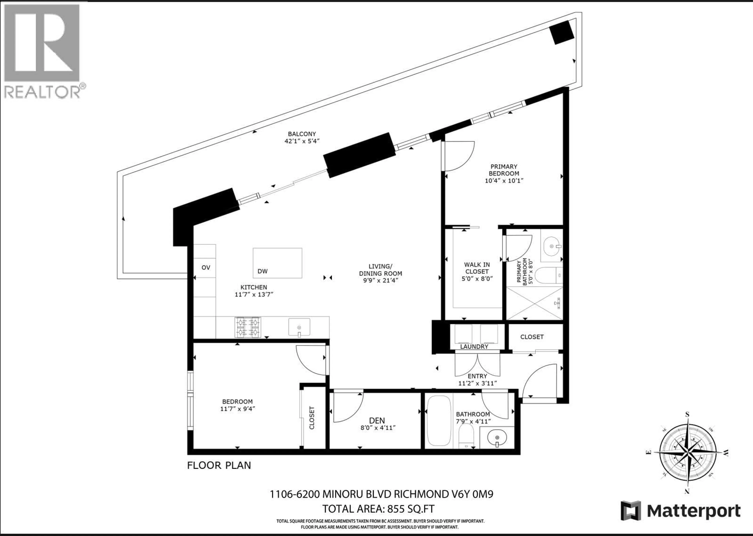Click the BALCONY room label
(302, 134)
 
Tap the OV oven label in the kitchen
(206, 268)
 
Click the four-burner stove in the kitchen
(248, 327)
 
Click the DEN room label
(377, 420)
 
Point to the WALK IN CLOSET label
(477, 268)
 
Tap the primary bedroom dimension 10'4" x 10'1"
(504, 181)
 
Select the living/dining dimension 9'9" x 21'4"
(380, 281)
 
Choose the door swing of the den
(347, 407)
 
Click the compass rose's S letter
(687, 415)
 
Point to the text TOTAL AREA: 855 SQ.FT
(378, 509)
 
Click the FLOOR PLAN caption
(219, 465)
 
